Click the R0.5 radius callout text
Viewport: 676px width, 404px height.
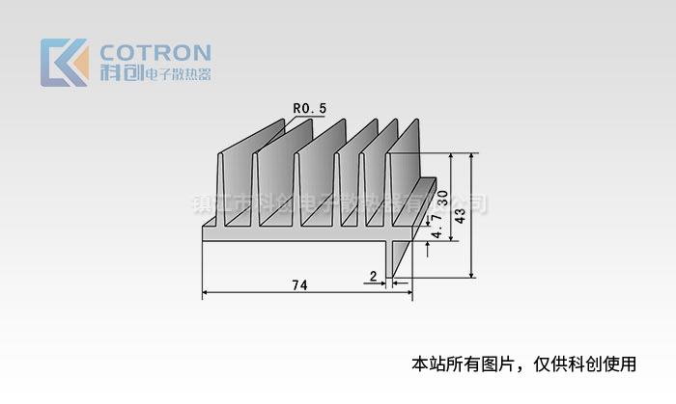(299, 109)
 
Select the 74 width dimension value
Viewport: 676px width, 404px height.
(299, 284)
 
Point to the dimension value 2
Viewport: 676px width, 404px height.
(373, 277)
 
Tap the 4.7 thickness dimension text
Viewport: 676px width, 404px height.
(437, 229)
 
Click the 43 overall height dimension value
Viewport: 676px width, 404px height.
(461, 215)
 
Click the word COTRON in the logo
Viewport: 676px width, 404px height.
(155, 52)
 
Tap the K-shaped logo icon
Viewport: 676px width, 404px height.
(64, 63)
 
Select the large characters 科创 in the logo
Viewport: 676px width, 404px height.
(119, 73)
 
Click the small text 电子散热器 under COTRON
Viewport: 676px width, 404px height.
(177, 74)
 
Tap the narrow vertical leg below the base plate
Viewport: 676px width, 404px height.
(390, 258)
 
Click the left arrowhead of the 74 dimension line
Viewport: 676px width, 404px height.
(207, 293)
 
